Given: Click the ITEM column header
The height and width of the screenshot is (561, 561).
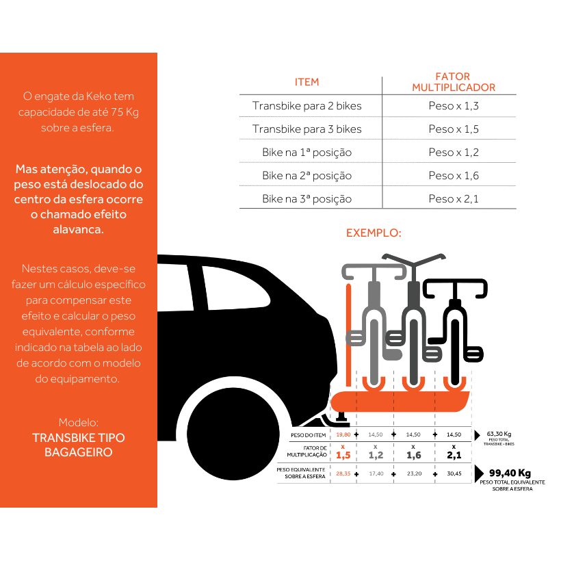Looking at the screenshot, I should [306, 82].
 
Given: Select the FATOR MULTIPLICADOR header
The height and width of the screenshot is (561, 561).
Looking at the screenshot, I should [453, 82].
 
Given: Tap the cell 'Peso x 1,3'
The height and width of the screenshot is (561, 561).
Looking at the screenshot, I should [453, 106].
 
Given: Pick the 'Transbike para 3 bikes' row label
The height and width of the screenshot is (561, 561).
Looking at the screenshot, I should [306, 129].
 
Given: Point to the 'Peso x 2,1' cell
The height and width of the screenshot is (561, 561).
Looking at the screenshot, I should [453, 199].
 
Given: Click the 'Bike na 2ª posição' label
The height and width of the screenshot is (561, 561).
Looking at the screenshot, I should [306, 176].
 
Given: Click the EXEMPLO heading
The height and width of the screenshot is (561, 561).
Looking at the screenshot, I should [373, 233].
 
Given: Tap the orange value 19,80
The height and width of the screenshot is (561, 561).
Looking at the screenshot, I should [343, 434].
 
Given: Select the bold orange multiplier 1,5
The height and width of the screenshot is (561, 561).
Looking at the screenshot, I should [343, 455].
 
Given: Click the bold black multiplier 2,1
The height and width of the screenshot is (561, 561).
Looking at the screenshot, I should [454, 455].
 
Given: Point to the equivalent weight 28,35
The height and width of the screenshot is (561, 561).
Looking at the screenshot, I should [343, 473].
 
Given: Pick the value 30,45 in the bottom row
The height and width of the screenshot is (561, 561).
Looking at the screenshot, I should [454, 473].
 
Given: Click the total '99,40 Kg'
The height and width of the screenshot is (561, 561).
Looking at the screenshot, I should [510, 473].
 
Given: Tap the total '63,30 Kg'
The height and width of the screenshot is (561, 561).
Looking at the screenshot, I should [499, 434].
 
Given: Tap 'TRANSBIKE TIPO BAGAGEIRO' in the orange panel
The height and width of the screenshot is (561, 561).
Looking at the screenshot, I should [79, 445].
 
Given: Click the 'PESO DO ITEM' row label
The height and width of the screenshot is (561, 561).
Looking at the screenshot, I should [306, 435].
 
